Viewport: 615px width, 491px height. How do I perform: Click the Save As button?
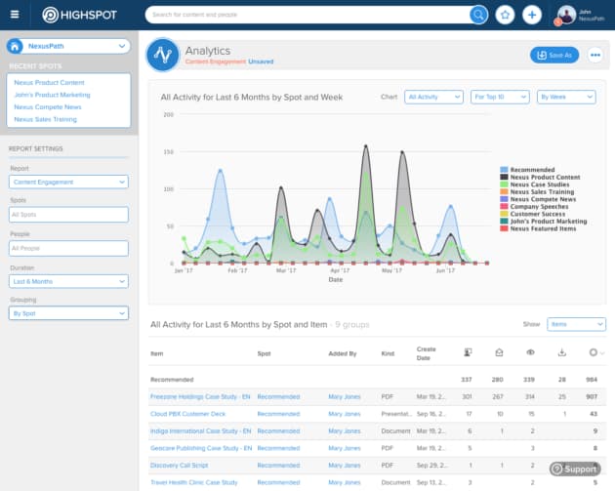tap(553, 55)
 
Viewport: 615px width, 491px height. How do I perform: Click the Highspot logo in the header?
tap(77, 15)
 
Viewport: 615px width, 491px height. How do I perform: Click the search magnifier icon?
tap(478, 15)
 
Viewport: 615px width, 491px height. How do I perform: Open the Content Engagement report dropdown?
tap(68, 182)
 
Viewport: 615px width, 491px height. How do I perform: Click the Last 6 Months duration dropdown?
tap(68, 281)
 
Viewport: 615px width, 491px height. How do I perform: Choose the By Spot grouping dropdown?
tap(68, 313)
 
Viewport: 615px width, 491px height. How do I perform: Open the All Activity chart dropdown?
tap(433, 97)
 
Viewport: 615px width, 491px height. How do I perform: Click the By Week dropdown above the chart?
tap(565, 97)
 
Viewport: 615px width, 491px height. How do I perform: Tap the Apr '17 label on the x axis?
tap(340, 270)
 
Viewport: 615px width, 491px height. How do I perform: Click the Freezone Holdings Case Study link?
tap(200, 397)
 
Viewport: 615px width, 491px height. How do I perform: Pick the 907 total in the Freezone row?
tap(593, 397)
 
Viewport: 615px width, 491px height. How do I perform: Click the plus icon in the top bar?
tap(531, 15)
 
